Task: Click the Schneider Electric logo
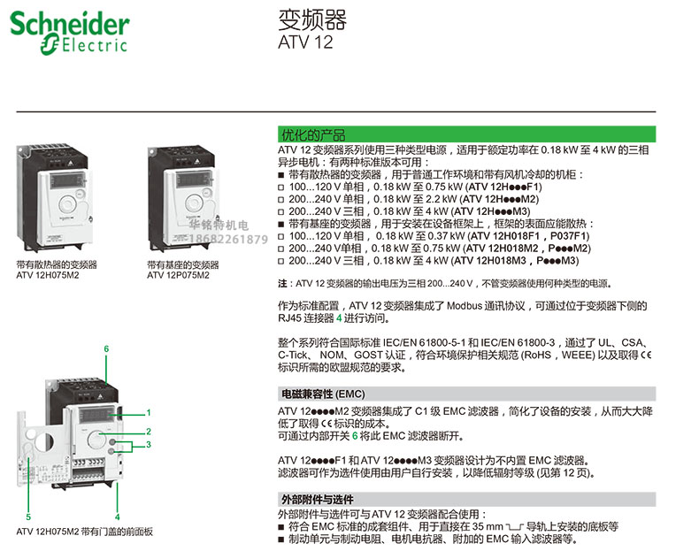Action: coord(69,32)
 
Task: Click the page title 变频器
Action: coord(301,19)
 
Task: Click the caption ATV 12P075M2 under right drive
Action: coord(178,275)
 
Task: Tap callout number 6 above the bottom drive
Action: coord(106,349)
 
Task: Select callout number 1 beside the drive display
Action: coord(149,412)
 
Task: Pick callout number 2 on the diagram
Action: coord(149,431)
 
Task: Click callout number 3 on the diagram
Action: coord(149,444)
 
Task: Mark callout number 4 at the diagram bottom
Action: coord(117,516)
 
